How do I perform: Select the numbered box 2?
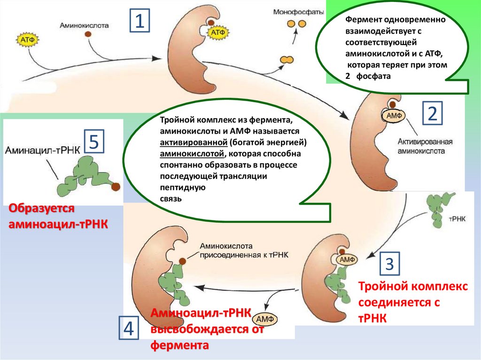(x=432, y=114)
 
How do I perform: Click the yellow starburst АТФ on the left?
(x=26, y=39)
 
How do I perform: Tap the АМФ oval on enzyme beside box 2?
(x=393, y=114)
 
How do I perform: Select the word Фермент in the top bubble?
(x=361, y=21)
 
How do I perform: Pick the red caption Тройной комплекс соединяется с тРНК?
(x=413, y=301)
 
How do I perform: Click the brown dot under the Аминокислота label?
(x=88, y=40)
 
